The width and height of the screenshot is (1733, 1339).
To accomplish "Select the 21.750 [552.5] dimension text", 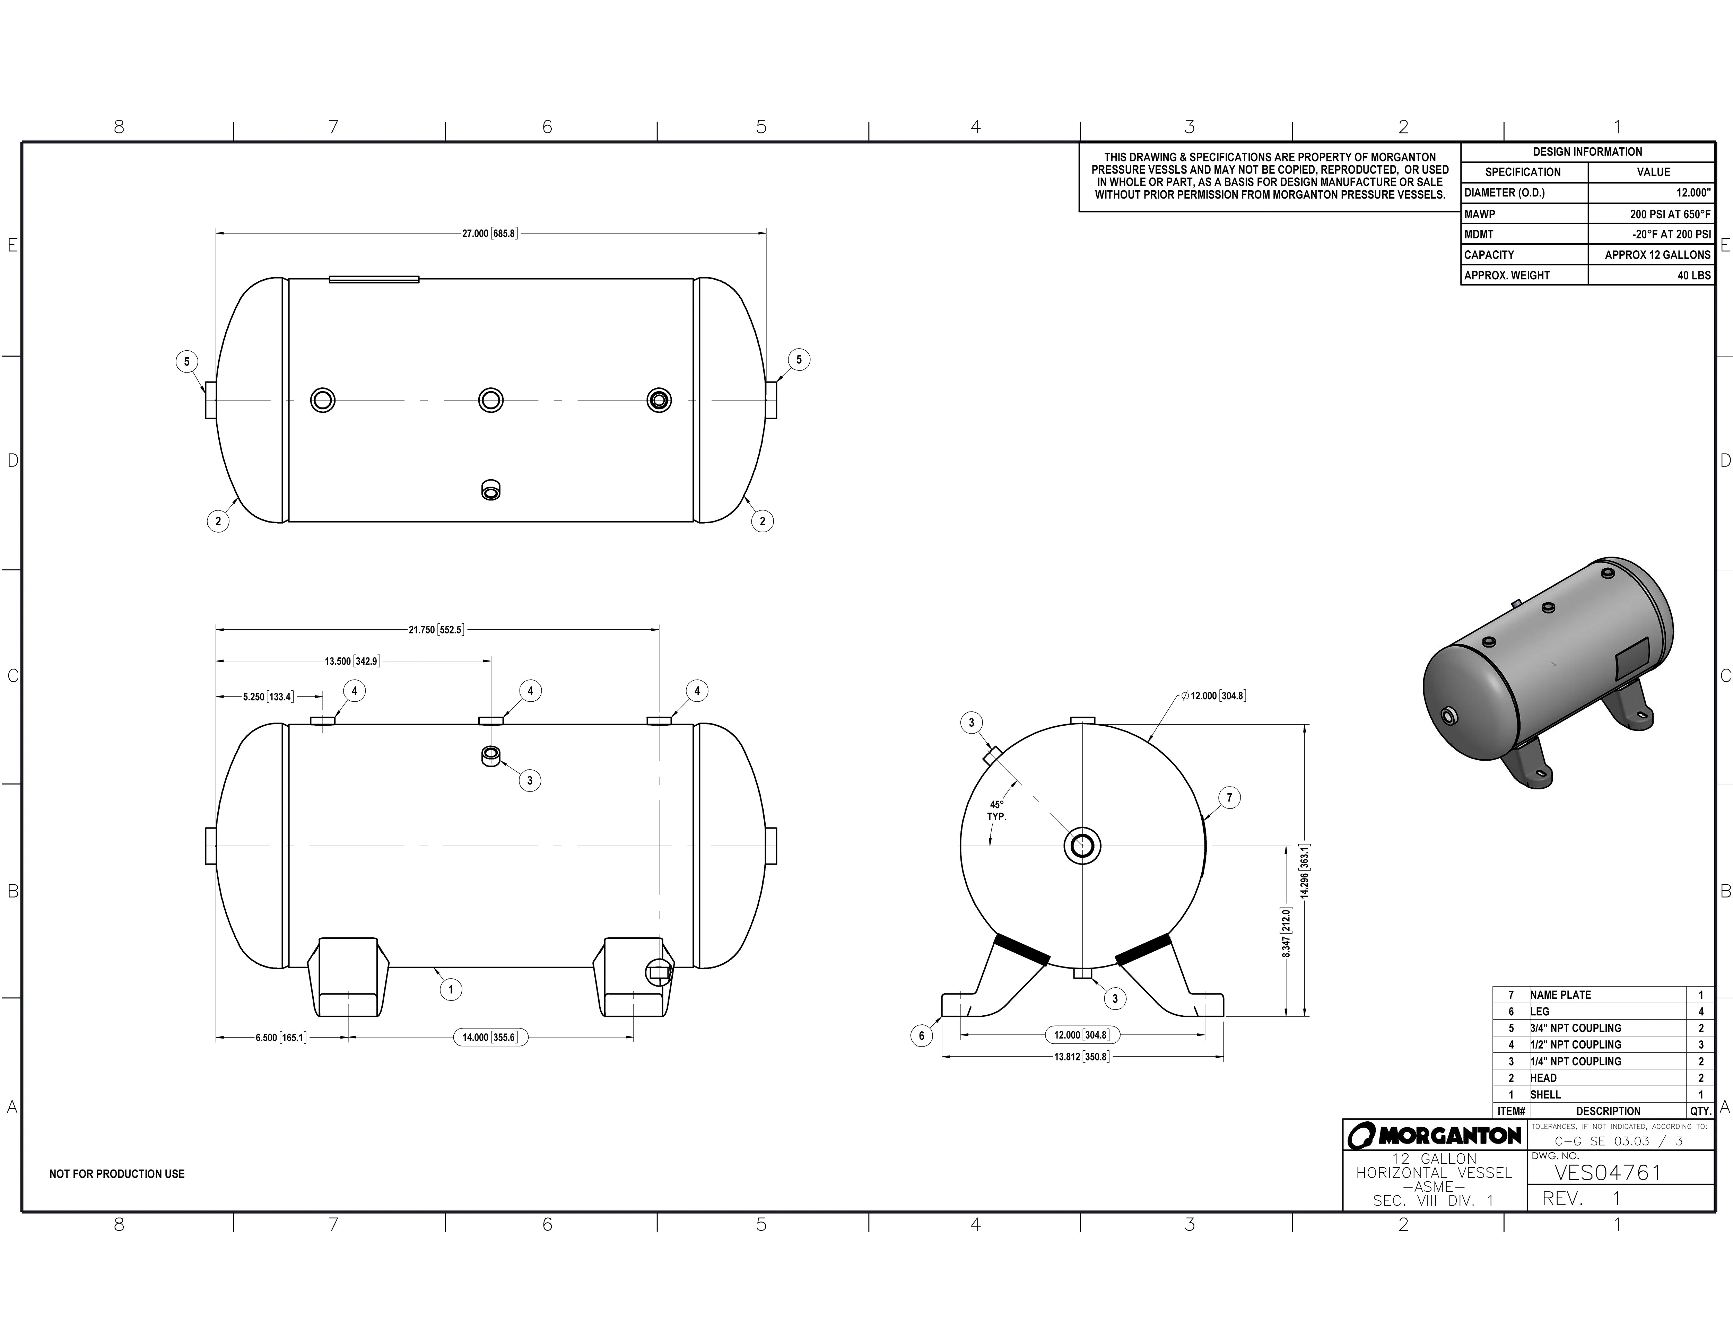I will [436, 630].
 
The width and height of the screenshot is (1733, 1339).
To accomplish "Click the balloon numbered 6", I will [921, 1035].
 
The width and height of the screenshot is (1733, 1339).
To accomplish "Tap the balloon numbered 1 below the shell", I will [451, 989].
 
